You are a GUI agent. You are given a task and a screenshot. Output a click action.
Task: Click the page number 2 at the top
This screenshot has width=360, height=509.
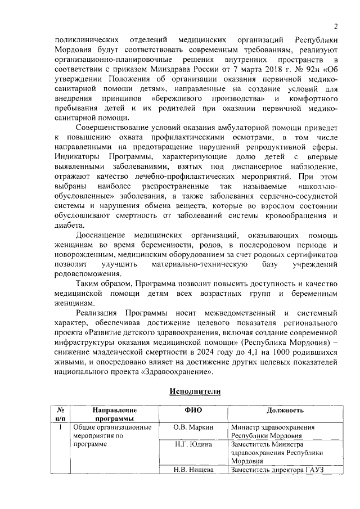pos(335,26)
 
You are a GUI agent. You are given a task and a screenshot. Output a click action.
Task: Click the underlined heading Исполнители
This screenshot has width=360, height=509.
pos(195,391)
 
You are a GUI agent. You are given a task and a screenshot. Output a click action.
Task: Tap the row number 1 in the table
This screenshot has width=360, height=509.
pos(60,427)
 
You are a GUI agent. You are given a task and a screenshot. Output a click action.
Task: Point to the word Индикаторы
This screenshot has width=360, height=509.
pos(79,157)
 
